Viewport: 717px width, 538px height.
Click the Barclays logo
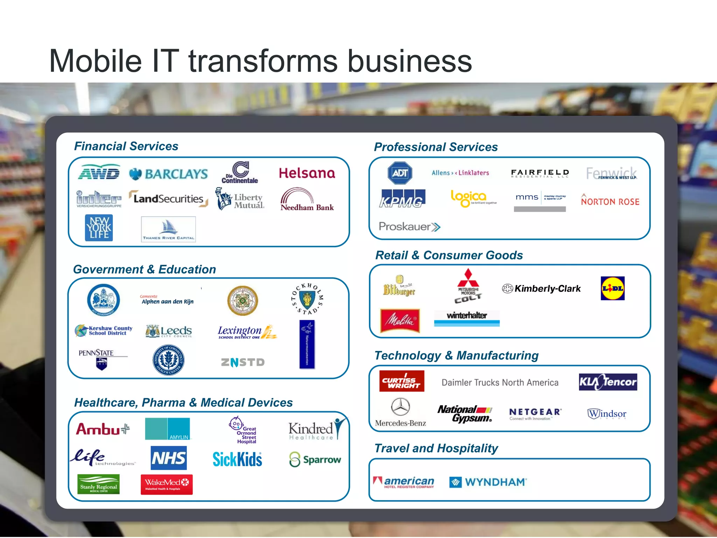169,174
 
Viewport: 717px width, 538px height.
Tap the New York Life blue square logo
99,228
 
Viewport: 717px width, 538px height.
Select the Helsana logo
307,173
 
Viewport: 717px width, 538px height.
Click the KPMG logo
402,199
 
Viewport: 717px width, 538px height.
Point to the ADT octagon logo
400,173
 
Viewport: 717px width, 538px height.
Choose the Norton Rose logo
610,200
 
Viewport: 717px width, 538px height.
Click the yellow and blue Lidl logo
612,288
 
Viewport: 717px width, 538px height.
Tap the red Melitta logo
400,320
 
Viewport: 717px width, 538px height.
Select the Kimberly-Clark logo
541,289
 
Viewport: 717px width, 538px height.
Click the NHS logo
169,458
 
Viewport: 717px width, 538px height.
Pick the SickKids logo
237,459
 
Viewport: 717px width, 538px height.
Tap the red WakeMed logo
167,484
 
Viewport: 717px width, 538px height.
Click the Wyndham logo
488,482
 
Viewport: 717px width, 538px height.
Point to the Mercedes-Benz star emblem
401,407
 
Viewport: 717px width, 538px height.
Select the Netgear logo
535,413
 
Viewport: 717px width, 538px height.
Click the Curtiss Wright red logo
402,381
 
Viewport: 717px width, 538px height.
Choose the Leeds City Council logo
169,331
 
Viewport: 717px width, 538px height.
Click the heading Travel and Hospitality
436,448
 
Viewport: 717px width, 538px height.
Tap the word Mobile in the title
95,61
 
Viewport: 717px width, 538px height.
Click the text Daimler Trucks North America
500,382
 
